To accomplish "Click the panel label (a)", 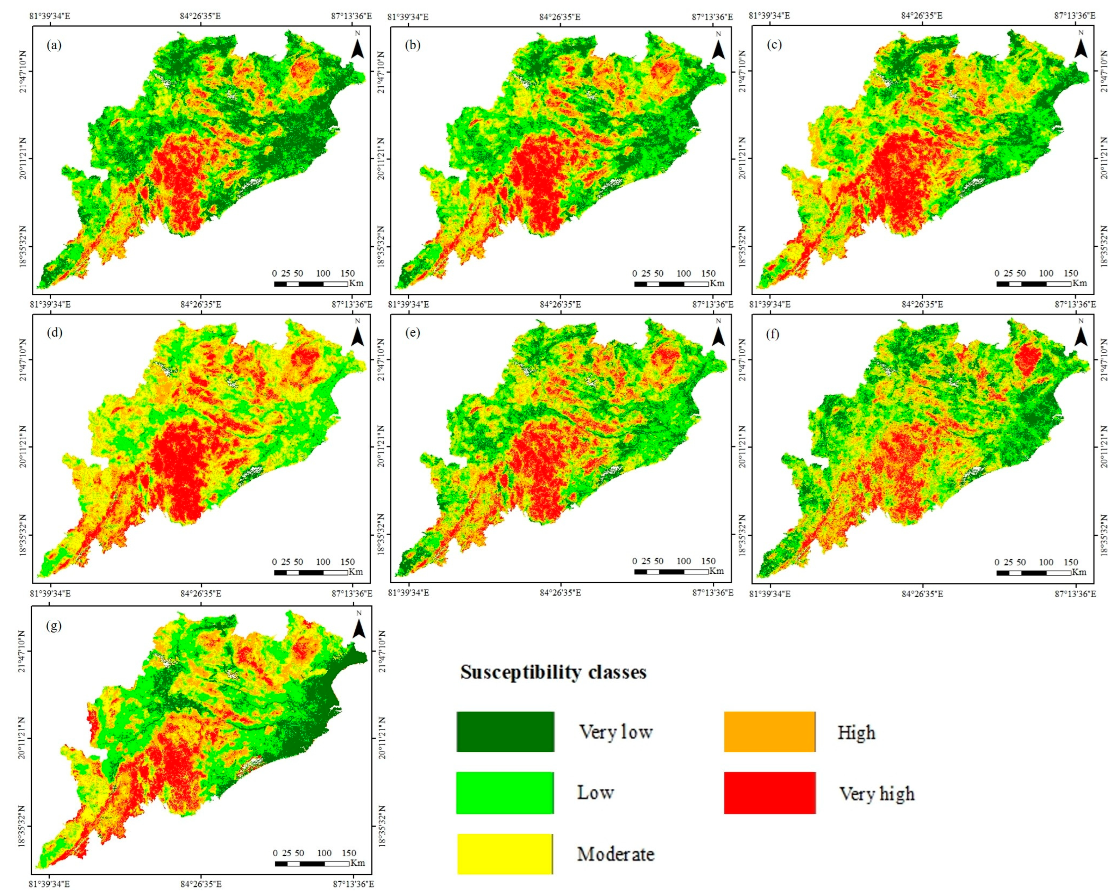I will click(54, 45).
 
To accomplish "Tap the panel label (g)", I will click(54, 626).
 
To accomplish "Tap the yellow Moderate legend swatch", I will click(505, 854).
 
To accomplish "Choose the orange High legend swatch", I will click(770, 732).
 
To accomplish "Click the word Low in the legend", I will click(595, 793).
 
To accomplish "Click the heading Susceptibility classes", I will click(553, 672).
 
